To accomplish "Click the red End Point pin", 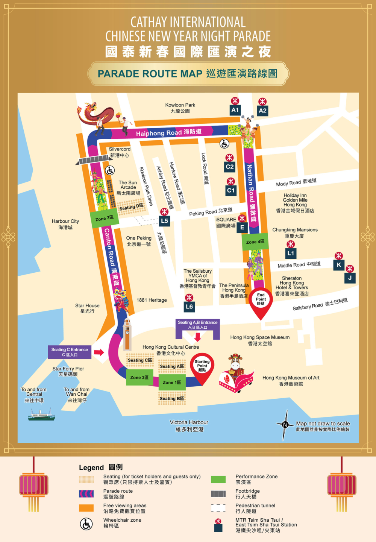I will (261, 301).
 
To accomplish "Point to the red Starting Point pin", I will (202, 367).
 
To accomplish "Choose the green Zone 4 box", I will (255, 242).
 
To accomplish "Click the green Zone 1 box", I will (172, 382).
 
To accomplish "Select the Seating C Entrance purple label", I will (70, 352).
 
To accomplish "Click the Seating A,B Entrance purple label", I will (197, 325).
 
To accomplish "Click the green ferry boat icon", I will (41, 415).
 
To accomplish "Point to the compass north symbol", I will (285, 425).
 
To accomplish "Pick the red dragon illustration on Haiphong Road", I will (94, 113).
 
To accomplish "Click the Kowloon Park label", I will (180, 108).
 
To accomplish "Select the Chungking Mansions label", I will (295, 232).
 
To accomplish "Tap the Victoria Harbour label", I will (189, 425).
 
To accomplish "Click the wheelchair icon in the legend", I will (86, 524).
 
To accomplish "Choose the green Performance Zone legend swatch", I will (218, 479).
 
